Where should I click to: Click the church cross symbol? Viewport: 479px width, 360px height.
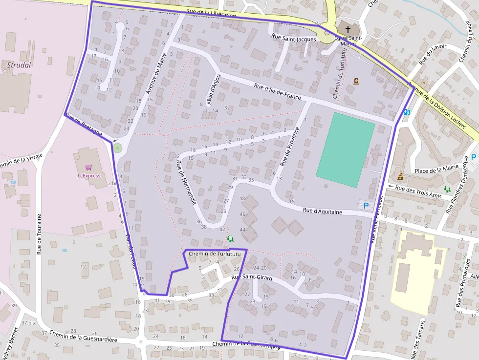tap(348, 29)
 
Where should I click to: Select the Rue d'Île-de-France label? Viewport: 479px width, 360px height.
tap(277, 92)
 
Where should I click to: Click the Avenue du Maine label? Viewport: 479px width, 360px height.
tap(156, 73)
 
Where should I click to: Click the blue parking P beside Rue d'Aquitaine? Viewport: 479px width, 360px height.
tap(365, 206)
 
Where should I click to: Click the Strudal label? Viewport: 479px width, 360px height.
tap(19, 65)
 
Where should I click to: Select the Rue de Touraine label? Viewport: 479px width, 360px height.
tap(39, 234)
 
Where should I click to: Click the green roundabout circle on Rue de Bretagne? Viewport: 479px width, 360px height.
tap(117, 147)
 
